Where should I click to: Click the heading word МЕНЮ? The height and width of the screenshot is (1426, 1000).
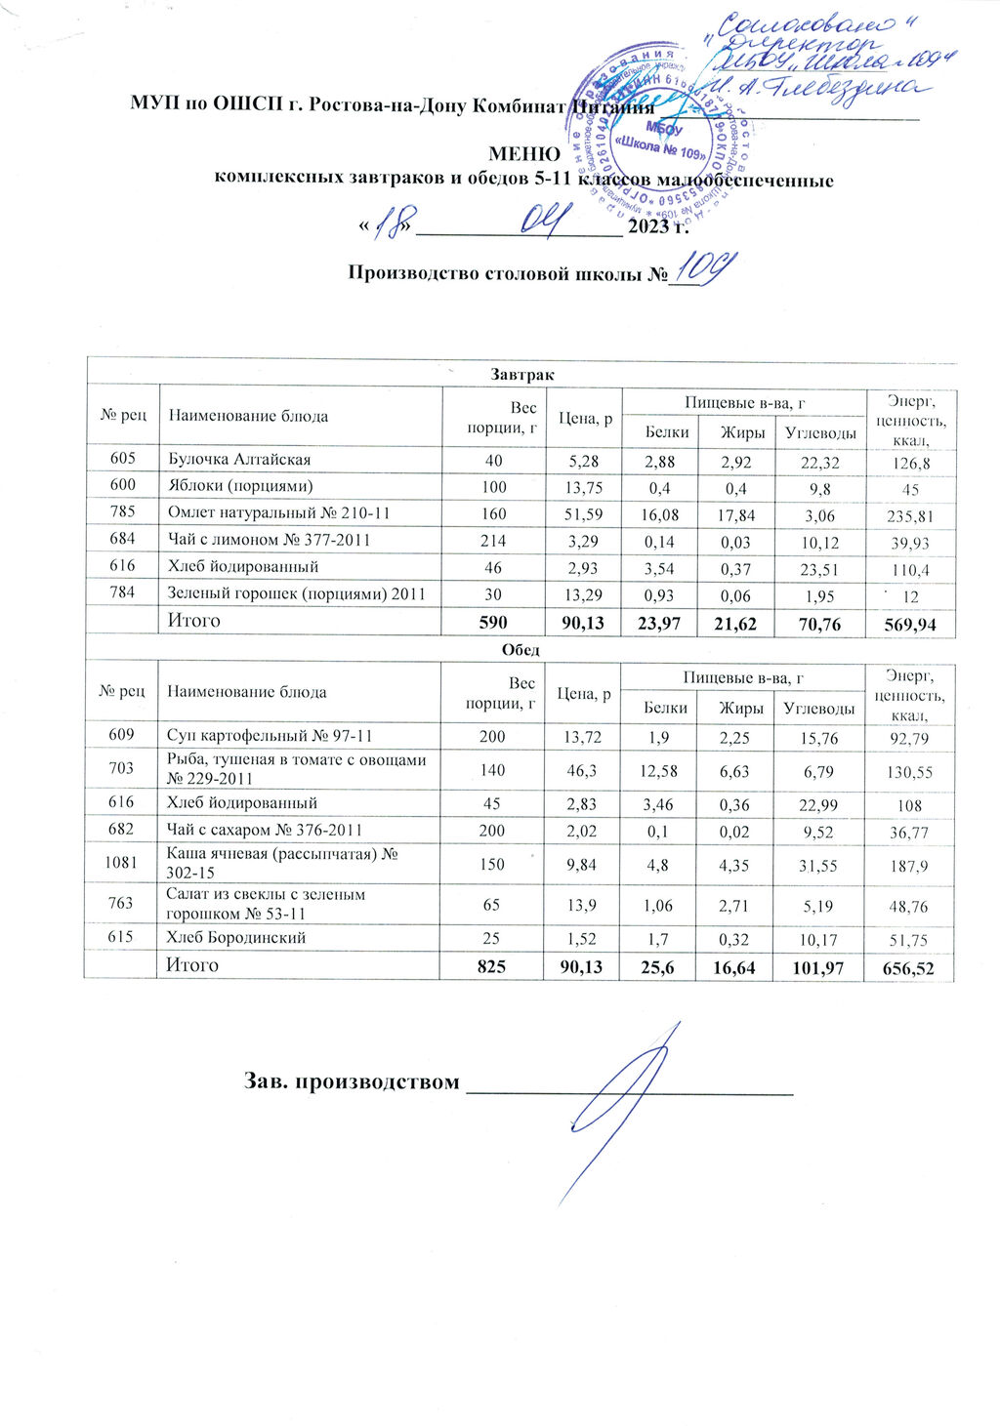pos(524,154)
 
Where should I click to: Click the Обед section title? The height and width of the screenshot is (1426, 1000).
pos(521,650)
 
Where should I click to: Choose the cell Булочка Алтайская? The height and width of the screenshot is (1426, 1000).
pos(239,459)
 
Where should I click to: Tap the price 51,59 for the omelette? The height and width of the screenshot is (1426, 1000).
pos(585,512)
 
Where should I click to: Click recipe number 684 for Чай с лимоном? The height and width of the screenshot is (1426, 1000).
pos(121,539)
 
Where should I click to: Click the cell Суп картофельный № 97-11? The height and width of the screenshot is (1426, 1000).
pos(270,736)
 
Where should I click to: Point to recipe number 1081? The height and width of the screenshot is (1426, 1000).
pos(121,860)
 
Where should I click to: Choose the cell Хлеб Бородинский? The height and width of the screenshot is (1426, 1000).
pos(236,938)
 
